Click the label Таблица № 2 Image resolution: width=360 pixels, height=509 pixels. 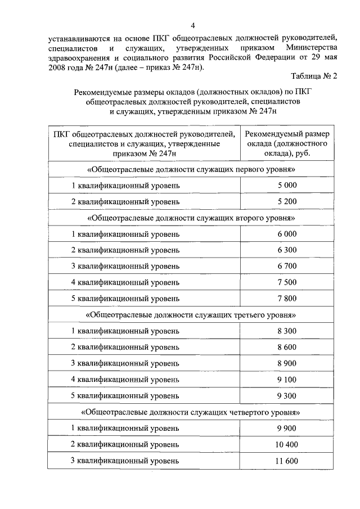tap(313, 75)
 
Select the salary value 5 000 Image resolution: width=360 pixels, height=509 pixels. tap(286, 186)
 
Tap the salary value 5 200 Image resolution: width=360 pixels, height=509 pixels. tap(286, 201)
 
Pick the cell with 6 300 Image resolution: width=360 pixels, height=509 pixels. tap(286, 250)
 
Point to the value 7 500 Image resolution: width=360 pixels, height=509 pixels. tap(286, 282)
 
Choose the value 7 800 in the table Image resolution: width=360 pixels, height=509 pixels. tap(286, 298)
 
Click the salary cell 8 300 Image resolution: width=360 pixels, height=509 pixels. tap(286, 331)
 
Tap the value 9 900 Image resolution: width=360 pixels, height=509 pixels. tap(286, 428)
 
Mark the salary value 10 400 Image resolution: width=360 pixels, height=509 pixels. tap(286, 444)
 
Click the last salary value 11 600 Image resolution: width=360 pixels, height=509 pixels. tap(286, 461)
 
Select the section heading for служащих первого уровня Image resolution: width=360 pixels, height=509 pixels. tap(191, 169)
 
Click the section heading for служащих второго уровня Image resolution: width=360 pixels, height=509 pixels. tap(191, 218)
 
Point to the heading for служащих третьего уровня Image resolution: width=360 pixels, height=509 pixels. tap(191, 314)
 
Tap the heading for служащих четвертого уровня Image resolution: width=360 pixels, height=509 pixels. tap(191, 412)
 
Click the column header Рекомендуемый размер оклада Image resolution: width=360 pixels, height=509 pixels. tap(287, 143)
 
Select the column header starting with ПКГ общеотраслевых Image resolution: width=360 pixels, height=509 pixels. tap(143, 143)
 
